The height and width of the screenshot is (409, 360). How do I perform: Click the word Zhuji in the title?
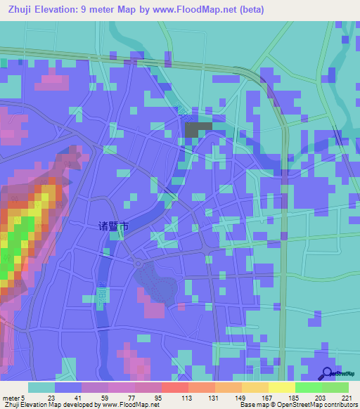22,9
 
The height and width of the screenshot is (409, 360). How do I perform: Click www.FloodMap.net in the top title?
222,9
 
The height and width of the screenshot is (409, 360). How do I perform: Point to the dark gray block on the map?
198,129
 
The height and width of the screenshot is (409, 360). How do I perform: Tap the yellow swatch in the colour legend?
281,387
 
